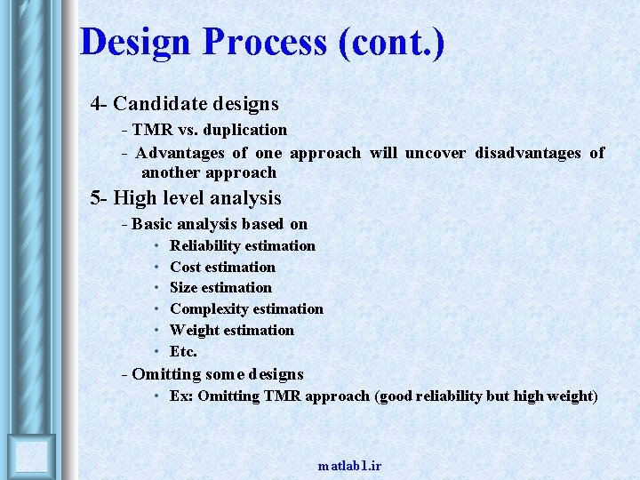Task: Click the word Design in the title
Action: (x=134, y=42)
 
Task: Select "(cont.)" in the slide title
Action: (x=391, y=42)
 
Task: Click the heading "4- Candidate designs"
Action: (x=184, y=105)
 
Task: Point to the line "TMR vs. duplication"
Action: (x=210, y=130)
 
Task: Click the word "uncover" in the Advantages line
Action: (x=435, y=152)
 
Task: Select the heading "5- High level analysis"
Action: (x=185, y=198)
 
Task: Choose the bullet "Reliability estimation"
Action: (x=242, y=245)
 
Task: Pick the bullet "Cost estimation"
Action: (x=222, y=267)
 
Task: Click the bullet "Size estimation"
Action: (x=220, y=287)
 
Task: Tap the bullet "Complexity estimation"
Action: (x=246, y=308)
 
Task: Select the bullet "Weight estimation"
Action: (x=231, y=330)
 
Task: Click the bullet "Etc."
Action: (x=183, y=351)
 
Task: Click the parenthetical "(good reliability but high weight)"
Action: (x=487, y=396)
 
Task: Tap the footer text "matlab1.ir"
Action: (x=349, y=466)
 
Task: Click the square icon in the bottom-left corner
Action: (x=32, y=457)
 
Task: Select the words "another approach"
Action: (x=209, y=172)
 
